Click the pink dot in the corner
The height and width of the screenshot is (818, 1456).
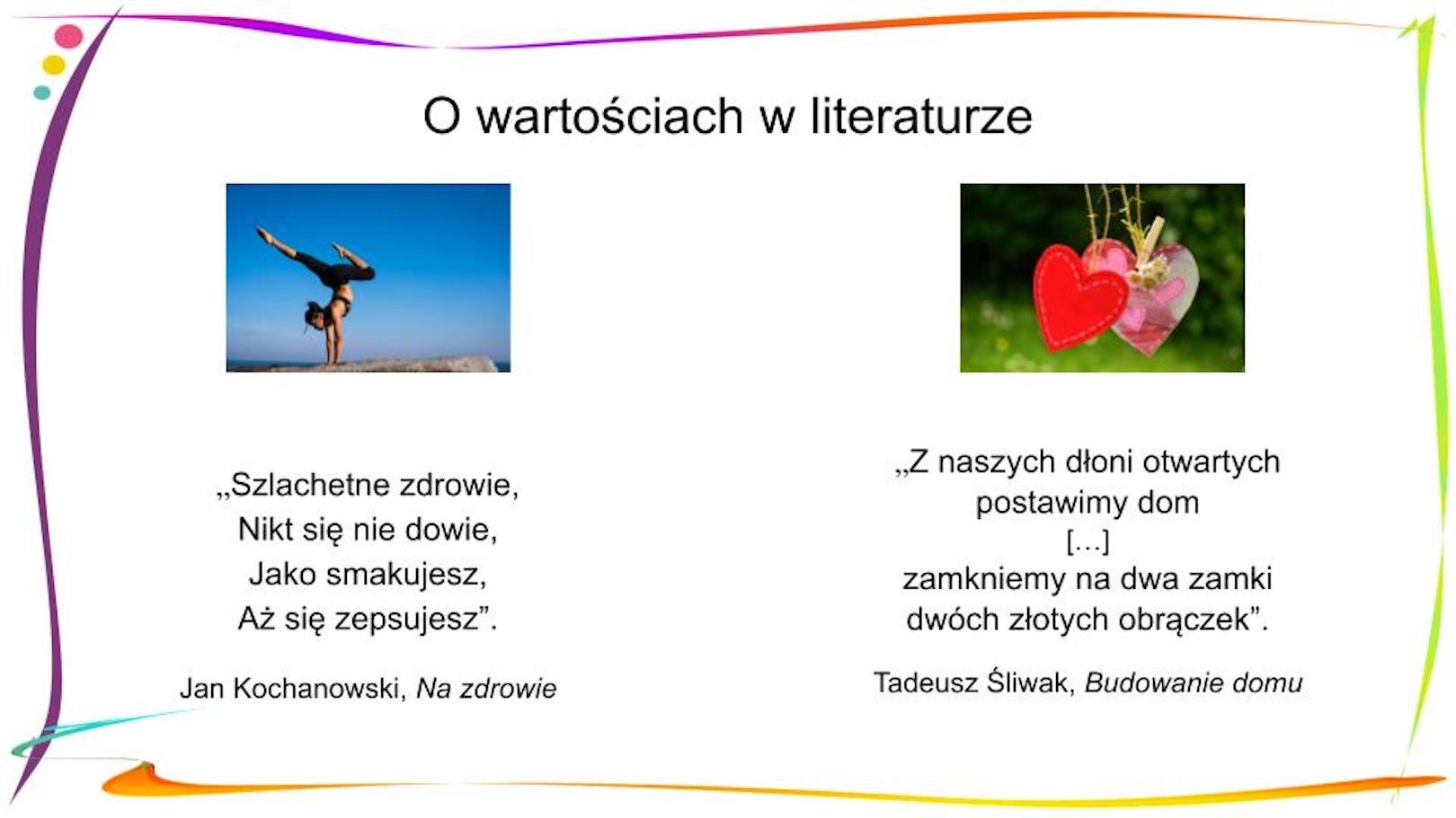(x=68, y=37)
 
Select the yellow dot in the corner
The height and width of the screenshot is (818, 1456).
(x=54, y=65)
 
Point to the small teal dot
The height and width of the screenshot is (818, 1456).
(x=41, y=92)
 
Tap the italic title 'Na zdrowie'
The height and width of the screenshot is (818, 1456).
(x=486, y=689)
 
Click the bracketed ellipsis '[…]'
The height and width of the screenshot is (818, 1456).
(x=1088, y=541)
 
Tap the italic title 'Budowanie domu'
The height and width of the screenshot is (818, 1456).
(x=1193, y=683)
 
